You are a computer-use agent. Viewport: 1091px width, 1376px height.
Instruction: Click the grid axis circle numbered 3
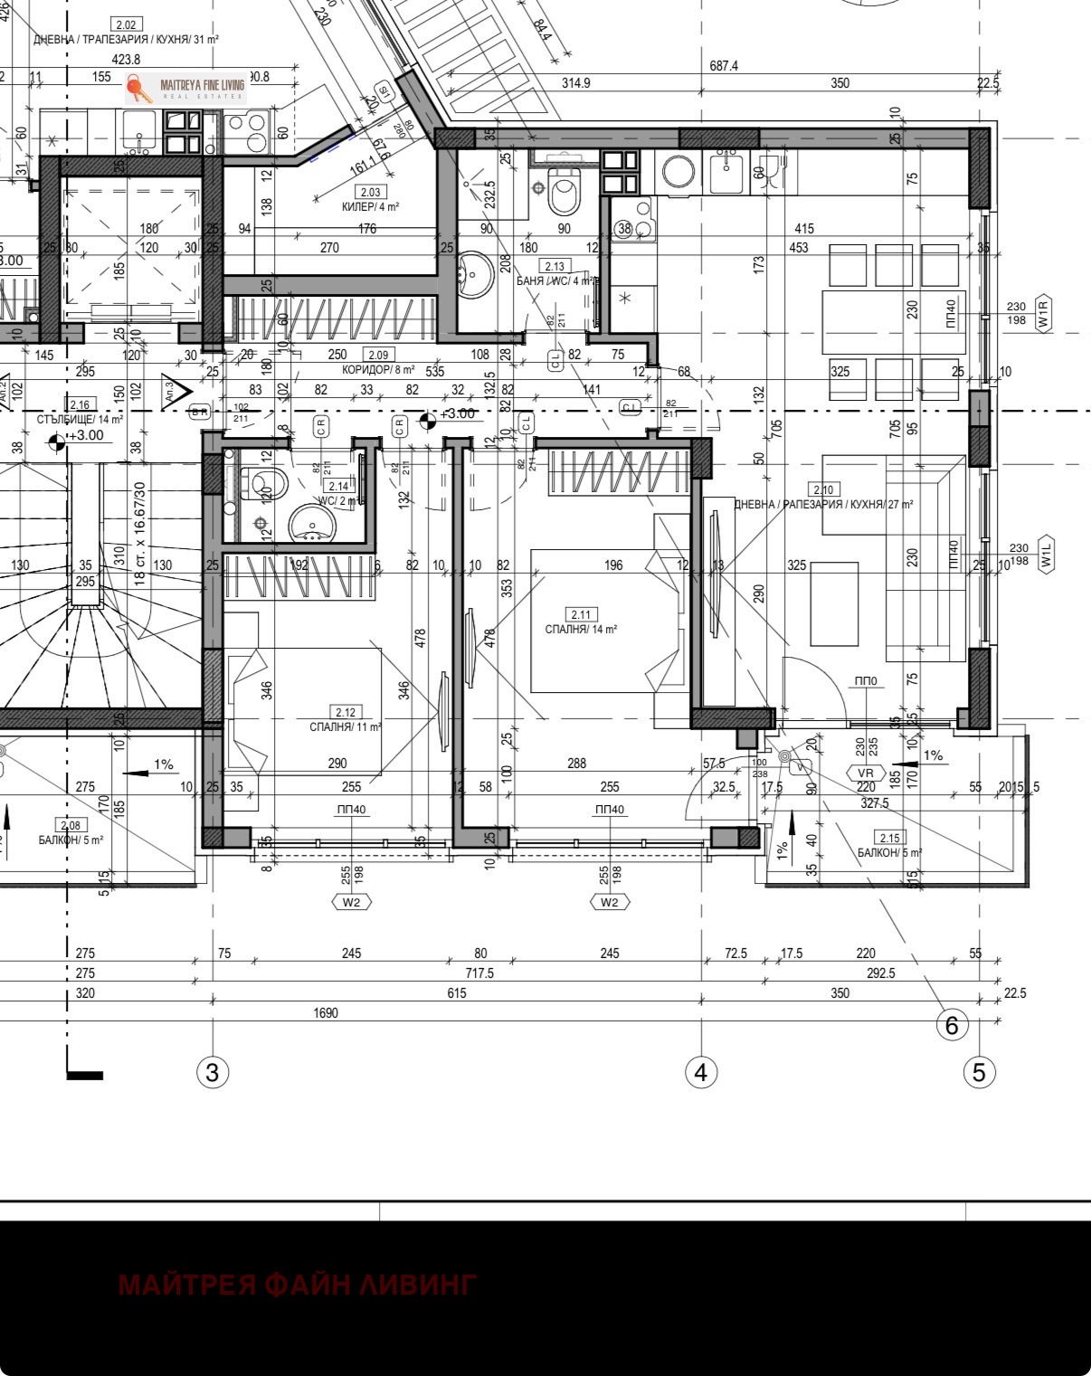[213, 1072]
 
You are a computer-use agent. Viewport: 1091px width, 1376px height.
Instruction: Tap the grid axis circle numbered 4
[701, 1072]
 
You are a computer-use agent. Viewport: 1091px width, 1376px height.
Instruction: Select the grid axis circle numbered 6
[952, 1025]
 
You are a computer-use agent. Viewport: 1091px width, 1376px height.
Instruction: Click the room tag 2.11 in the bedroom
[581, 615]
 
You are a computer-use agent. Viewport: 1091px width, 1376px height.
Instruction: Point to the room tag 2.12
[345, 712]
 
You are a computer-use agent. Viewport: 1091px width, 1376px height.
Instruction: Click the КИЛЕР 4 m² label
[370, 206]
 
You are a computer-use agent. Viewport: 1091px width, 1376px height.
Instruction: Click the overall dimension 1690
[326, 1013]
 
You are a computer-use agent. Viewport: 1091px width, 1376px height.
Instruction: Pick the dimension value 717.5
[479, 973]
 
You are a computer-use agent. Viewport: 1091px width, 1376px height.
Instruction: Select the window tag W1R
[1044, 313]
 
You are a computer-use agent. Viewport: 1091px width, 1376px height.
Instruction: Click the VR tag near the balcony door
[866, 773]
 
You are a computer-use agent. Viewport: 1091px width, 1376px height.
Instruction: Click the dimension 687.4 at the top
[724, 66]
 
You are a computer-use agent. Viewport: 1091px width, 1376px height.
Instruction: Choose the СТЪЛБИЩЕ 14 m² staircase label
[80, 420]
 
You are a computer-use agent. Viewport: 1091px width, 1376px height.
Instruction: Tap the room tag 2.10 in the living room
[823, 489]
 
